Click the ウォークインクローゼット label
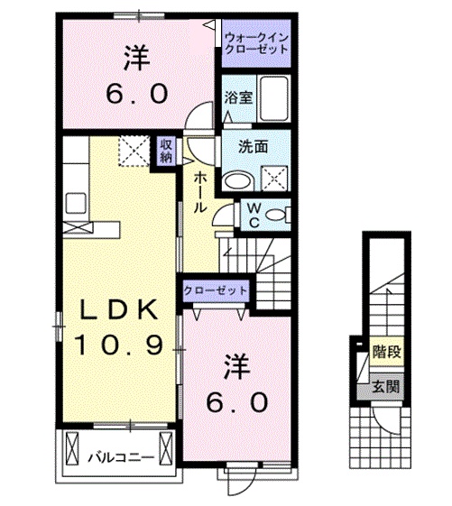(256, 43)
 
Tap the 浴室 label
(238, 97)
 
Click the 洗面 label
(254, 147)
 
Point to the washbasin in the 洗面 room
(238, 180)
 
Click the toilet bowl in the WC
(276, 215)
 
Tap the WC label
(254, 215)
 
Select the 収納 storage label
(166, 151)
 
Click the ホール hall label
(200, 192)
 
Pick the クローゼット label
(216, 290)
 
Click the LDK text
(118, 309)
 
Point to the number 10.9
(118, 345)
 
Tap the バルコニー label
(122, 457)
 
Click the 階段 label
(386, 352)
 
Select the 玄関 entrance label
(386, 386)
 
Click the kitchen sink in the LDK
(76, 203)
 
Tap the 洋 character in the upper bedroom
(137, 59)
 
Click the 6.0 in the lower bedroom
(237, 403)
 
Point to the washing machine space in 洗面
(274, 178)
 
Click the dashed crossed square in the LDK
(134, 151)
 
